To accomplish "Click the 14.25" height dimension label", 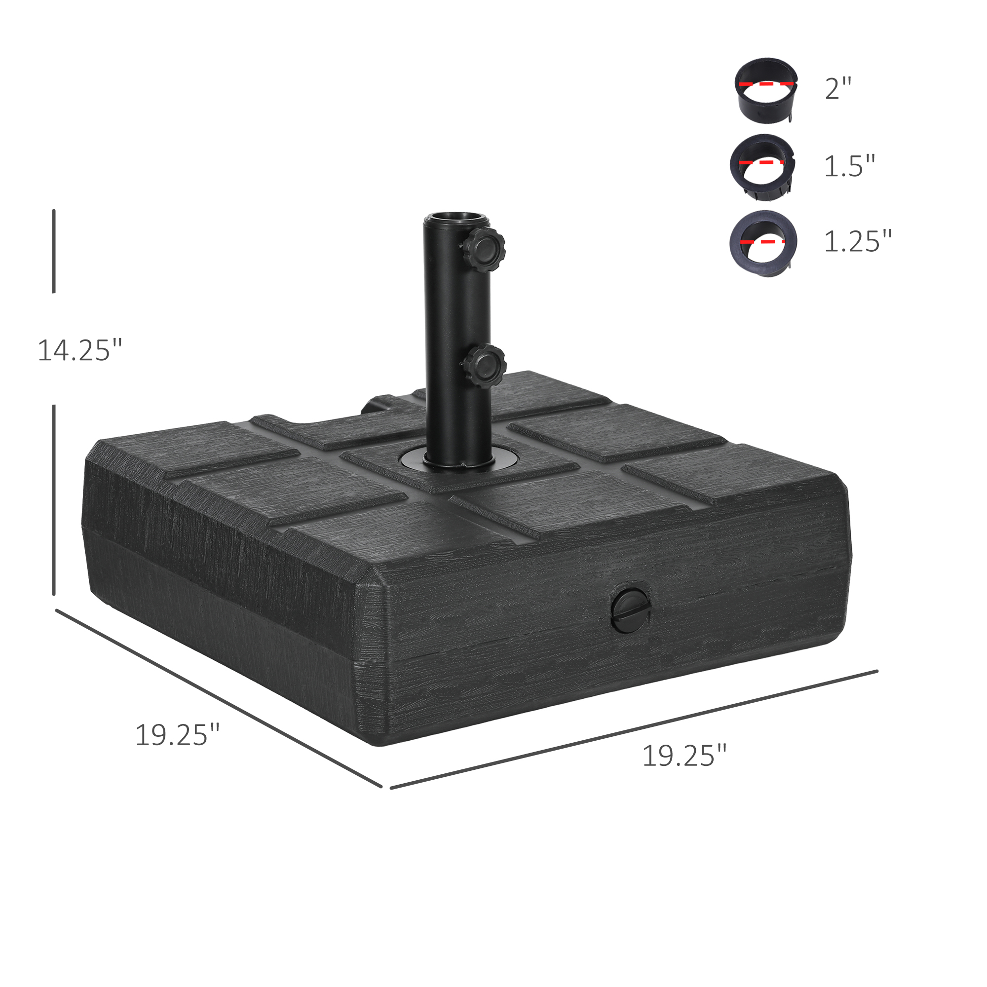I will click(80, 350).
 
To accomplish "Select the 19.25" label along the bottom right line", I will click(683, 756).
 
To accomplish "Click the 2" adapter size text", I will click(838, 89).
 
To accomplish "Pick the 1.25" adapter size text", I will click(857, 241).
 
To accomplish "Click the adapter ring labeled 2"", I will click(766, 90).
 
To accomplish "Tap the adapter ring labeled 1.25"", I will click(763, 244).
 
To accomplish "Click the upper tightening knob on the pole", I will click(485, 244).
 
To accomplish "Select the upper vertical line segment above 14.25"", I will click(54, 251).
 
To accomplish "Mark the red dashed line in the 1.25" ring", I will click(762, 240).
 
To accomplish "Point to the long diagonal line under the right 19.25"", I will click(634, 729).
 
